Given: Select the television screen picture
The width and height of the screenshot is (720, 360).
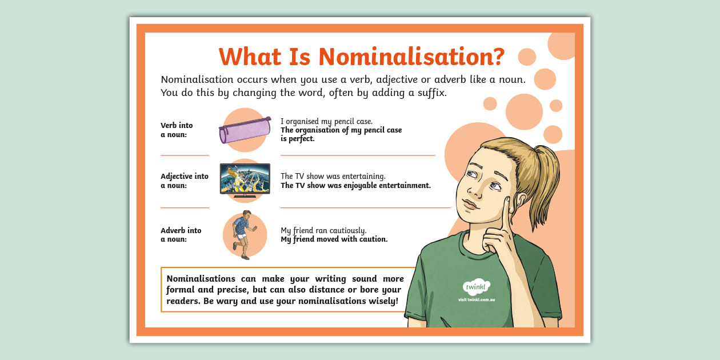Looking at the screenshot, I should pos(245,179).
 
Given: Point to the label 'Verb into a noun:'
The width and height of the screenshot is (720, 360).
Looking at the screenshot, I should pos(177,130).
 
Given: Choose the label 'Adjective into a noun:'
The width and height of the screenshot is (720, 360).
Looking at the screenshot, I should pos(184,181).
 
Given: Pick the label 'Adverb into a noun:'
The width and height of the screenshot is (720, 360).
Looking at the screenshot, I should pos(181,235).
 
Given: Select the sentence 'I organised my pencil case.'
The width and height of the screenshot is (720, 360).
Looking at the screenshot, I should pos(326,121).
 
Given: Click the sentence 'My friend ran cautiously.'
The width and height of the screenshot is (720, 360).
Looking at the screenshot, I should pos(323,230).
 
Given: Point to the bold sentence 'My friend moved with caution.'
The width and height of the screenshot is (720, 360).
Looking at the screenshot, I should pos(334,239).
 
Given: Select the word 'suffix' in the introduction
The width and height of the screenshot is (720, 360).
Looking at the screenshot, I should pos(429,93).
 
